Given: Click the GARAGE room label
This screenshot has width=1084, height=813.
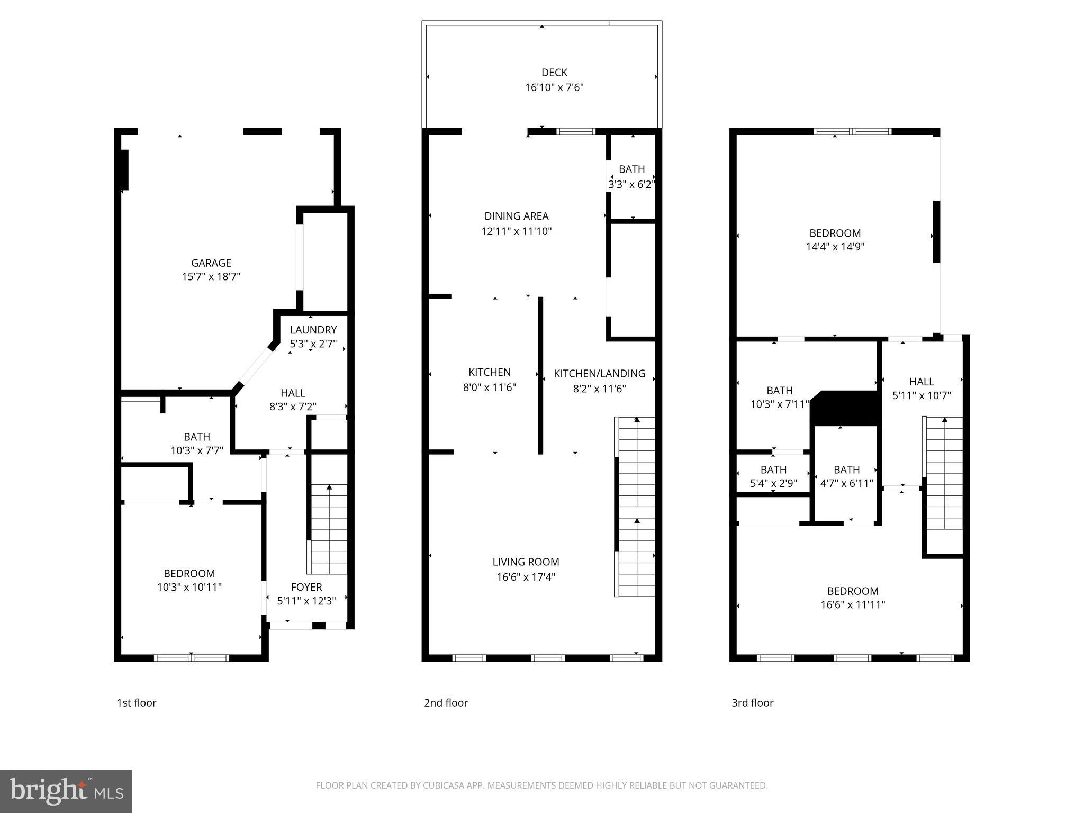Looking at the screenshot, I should coord(211,263).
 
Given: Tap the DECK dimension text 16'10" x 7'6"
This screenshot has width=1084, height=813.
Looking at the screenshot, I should coord(554,87).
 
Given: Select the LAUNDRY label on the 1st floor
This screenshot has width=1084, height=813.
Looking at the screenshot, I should coord(313,330).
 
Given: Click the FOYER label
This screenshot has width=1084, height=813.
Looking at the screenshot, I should coord(306,587).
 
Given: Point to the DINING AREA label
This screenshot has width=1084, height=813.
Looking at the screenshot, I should coord(516,216).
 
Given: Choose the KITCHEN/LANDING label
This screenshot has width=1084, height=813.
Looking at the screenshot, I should coord(599,374).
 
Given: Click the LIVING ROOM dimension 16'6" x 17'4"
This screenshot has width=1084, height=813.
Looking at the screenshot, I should coord(526,577).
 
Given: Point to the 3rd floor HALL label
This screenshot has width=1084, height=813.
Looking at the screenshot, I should coord(921,382).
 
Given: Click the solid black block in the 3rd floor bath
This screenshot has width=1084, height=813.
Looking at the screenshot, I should coord(846,408).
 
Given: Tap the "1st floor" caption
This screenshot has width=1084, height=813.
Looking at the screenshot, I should coord(137,703).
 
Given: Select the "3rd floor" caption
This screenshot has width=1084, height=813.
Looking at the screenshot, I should coord(752,703).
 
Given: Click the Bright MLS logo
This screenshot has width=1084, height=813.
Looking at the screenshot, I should coord(66,791).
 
